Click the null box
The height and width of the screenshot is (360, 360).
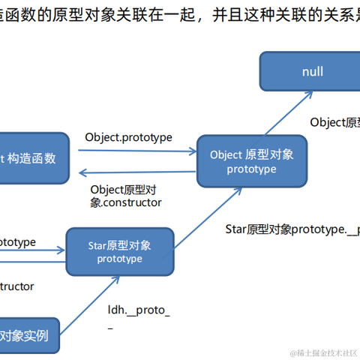[313, 72]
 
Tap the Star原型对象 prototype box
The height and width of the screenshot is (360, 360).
[119, 251]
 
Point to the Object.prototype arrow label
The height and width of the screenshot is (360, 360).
[129, 137]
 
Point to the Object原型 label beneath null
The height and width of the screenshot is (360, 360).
[334, 122]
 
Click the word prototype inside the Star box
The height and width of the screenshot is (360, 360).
[119, 259]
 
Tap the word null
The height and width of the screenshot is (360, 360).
[313, 72]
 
